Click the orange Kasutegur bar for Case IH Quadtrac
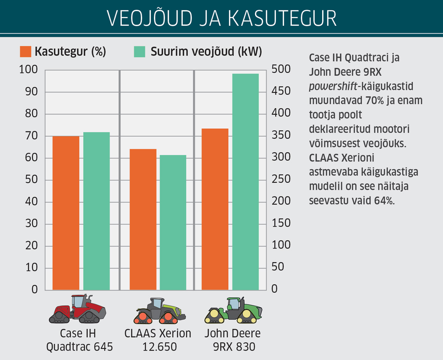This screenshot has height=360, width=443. pos(66,213)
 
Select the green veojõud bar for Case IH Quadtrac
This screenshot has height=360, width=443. pos(96,211)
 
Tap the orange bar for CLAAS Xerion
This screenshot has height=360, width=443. pos(143,219)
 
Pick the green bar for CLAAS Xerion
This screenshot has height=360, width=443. pos(173,222)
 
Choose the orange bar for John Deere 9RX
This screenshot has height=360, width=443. pos(215,209)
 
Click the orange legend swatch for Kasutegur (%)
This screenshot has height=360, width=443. pos(25,52)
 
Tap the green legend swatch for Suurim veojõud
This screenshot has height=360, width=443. pos(139,52)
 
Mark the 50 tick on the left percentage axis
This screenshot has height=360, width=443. pos(32,180)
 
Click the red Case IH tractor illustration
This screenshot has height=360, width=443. pos(78,309)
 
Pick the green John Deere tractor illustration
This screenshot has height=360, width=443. pos(233,310)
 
